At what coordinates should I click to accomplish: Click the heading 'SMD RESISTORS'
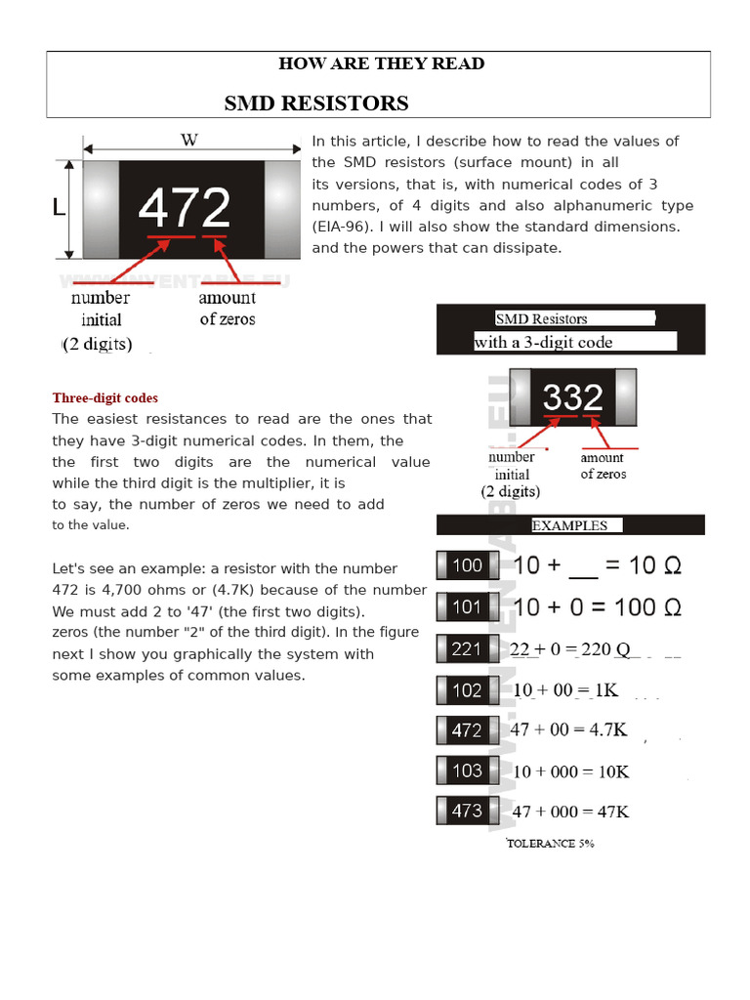(316, 104)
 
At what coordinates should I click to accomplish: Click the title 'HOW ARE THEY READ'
(381, 63)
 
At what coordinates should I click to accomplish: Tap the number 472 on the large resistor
(185, 208)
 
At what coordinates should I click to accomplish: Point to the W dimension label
(189, 140)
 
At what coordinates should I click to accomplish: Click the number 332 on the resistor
(573, 396)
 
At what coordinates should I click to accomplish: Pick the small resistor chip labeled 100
(467, 564)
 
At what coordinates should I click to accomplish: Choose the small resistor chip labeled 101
(467, 606)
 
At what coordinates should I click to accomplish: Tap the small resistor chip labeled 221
(467, 648)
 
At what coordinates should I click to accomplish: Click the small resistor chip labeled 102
(467, 690)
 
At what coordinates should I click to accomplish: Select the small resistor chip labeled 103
(467, 771)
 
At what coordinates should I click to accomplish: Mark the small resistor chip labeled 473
(467, 811)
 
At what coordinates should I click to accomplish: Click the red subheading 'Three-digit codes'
(104, 398)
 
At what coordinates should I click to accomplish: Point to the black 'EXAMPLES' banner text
(569, 525)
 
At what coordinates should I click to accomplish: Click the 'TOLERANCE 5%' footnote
(550, 843)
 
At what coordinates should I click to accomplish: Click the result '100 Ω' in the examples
(643, 606)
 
